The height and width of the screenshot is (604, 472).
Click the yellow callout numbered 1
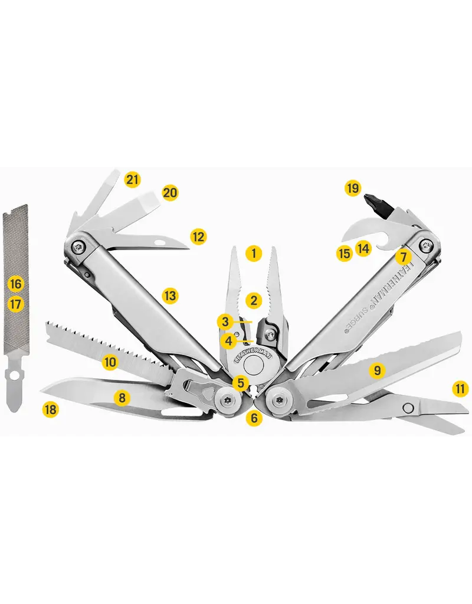tap(254, 254)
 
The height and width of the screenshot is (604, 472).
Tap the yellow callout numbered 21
tap(133, 179)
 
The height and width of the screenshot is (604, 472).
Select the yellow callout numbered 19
tap(353, 189)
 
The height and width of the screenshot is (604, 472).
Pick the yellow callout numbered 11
tap(460, 389)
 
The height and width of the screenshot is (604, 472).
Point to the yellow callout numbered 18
tap(51, 409)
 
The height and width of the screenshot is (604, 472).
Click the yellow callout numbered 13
tap(170, 296)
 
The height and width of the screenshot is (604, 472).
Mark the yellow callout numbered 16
tap(16, 284)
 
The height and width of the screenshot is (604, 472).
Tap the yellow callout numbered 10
tap(110, 362)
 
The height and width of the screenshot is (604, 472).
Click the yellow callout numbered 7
tap(403, 257)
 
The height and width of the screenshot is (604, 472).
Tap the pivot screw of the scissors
tap(407, 408)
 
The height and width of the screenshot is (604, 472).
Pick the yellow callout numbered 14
tap(363, 248)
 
